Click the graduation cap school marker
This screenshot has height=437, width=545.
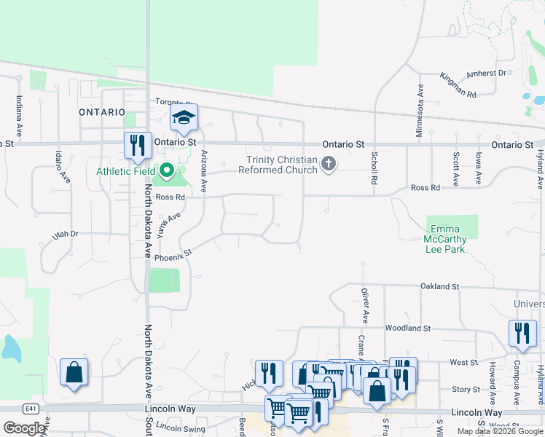tap(184, 118)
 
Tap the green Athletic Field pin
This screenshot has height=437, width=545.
tap(166, 172)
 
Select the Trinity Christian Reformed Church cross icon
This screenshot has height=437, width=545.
tap(329, 164)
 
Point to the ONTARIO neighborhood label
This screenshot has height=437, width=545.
tap(102, 112)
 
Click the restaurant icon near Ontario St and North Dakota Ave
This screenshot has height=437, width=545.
tap(137, 145)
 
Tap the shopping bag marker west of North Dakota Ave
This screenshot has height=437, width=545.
tap(74, 372)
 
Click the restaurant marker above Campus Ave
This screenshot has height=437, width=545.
tap(522, 333)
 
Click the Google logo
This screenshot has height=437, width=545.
tap(24, 428)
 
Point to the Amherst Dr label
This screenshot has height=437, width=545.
tap(486, 73)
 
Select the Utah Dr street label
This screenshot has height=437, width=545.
tap(65, 235)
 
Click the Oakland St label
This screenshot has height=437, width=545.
tap(439, 287)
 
